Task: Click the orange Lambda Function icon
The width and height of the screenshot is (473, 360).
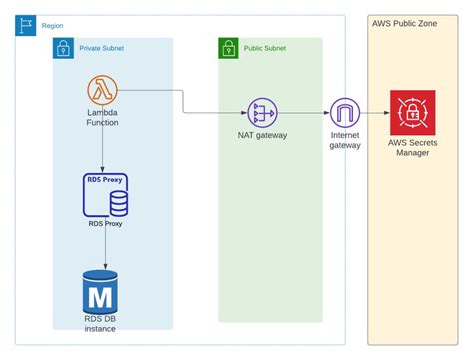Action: pyautogui.click(x=104, y=91)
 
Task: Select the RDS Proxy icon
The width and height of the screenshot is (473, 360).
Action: pyautogui.click(x=105, y=195)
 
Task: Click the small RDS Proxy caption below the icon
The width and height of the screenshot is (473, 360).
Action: pyautogui.click(x=105, y=224)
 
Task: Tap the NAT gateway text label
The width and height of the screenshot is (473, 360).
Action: pyautogui.click(x=263, y=135)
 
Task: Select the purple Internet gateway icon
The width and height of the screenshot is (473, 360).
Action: pyautogui.click(x=345, y=114)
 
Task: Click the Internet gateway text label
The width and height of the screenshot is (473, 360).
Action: pyautogui.click(x=345, y=140)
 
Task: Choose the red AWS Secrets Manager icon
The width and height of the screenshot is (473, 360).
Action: pyautogui.click(x=412, y=113)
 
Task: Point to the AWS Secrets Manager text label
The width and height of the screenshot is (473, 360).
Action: pyautogui.click(x=412, y=147)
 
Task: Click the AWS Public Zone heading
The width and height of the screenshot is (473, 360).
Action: pyautogui.click(x=404, y=23)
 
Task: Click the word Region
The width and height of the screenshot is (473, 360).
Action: pyautogui.click(x=53, y=25)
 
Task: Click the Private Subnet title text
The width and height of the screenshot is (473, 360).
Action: pyautogui.click(x=103, y=46)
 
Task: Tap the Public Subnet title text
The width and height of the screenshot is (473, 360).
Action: pyautogui.click(x=265, y=46)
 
